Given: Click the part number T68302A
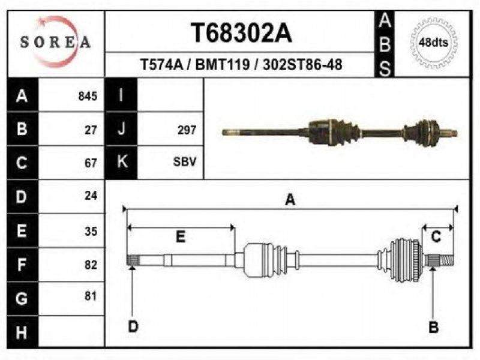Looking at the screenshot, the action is [x=241, y=33].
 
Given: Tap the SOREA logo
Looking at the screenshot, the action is [x=55, y=42].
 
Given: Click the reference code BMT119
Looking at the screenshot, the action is [x=223, y=65].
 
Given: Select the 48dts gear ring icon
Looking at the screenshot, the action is [x=433, y=42].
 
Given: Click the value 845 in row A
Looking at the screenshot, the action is [x=88, y=96].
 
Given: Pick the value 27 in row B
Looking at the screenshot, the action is [x=91, y=130].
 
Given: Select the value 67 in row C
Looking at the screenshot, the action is [x=91, y=163].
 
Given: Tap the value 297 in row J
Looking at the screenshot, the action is [x=187, y=130].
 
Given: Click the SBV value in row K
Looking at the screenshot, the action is [x=185, y=161].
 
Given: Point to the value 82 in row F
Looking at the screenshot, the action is [x=91, y=265].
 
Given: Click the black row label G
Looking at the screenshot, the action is [x=22, y=299].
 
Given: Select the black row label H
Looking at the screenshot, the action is [x=22, y=332].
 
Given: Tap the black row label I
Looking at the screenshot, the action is [x=121, y=95].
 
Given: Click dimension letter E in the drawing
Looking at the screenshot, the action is [x=181, y=237].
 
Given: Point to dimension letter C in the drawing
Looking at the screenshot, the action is [x=436, y=236].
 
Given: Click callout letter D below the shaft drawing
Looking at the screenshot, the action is [x=133, y=326].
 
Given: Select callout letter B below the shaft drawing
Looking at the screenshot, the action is [x=433, y=327].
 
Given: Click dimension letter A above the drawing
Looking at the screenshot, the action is [x=290, y=200].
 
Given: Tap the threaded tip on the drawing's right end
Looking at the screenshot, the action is [x=447, y=260].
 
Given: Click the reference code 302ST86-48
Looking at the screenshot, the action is [x=302, y=65].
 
